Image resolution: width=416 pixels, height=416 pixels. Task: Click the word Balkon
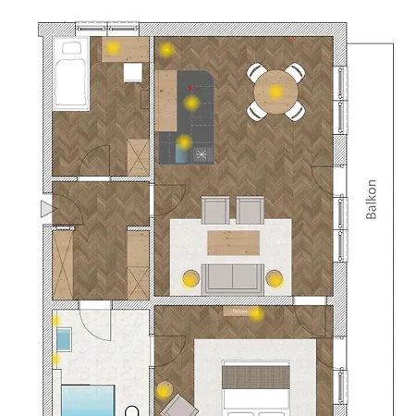[372, 199]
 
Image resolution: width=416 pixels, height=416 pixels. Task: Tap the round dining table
[275, 92]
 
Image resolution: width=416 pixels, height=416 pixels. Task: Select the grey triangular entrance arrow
[48, 209]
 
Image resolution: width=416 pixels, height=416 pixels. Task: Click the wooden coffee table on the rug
[233, 243]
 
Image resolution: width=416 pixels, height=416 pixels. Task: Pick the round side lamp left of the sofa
[191, 278]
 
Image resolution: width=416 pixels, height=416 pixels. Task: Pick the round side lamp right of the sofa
[275, 278]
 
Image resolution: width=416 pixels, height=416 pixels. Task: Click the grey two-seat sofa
[233, 279]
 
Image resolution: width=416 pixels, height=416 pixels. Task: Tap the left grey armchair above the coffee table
[215, 210]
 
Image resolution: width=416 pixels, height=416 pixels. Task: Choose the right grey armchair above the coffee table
[250, 210]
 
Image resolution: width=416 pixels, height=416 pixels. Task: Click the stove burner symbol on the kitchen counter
[202, 154]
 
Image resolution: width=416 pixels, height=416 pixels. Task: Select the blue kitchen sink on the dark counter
[181, 153]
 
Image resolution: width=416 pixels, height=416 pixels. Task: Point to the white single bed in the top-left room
[71, 74]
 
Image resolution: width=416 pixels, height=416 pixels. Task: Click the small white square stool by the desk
[133, 72]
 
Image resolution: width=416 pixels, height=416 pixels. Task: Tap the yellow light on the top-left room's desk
[113, 47]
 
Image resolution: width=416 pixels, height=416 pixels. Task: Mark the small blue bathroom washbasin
[64, 339]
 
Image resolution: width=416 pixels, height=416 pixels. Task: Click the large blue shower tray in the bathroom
[88, 400]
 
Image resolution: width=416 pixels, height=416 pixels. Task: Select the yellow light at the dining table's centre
[275, 92]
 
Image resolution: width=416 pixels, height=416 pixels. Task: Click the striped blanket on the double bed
[256, 377]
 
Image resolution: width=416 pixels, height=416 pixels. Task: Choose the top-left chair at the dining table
[255, 73]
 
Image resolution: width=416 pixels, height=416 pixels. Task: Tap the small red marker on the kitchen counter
[190, 89]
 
